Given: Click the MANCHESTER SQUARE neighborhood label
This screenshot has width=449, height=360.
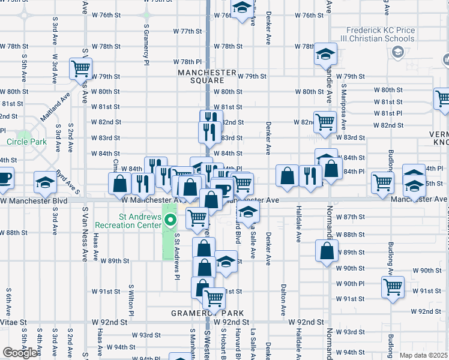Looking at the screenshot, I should (x=207, y=76).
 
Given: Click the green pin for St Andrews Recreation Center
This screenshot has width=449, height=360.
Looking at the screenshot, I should (x=170, y=220).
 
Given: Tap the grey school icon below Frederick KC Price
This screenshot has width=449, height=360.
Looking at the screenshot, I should (x=397, y=53).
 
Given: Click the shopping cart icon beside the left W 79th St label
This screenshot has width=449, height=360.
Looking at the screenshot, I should (x=80, y=68).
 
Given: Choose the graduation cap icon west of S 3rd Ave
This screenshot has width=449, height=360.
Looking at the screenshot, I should (x=45, y=182).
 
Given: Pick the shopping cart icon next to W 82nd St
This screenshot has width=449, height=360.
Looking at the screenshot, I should (x=324, y=121).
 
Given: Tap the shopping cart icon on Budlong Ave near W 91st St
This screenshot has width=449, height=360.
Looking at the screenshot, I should (x=393, y=287).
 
